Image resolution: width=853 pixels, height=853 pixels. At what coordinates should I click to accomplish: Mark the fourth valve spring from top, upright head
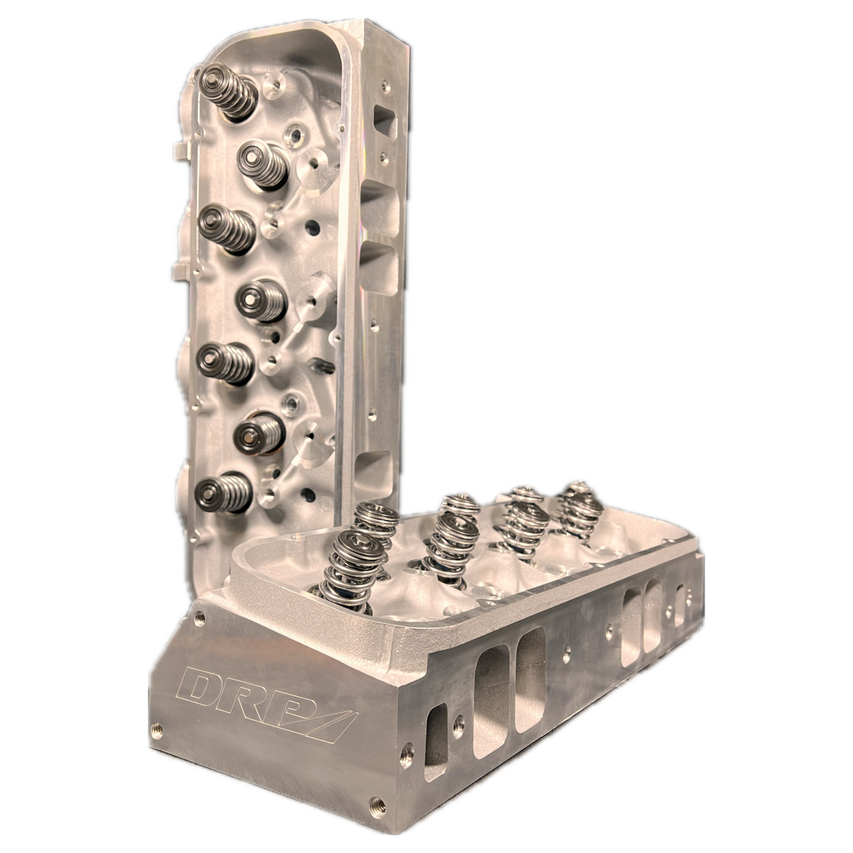pos(261,300)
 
